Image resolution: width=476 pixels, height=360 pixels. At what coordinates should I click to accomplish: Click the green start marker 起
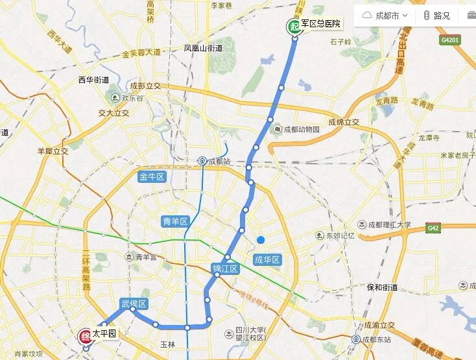pos(294,26)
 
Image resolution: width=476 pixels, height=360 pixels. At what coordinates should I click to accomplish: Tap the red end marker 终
pos(84,336)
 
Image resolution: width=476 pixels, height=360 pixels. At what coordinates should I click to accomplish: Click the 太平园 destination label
pos(103,333)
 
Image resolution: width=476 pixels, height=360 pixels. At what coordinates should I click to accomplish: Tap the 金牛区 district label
pos(153,176)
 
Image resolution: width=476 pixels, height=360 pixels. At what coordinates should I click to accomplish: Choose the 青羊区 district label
pos(174,222)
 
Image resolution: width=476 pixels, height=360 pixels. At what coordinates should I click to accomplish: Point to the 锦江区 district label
pos(226,269)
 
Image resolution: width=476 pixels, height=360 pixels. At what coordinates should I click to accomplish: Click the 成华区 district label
pos(267,260)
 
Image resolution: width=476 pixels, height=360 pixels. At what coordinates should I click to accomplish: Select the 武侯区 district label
pos(134,304)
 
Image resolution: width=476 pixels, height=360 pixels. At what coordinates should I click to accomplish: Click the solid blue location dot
pos(261,240)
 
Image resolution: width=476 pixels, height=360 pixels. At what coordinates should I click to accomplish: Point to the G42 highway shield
pos(433,228)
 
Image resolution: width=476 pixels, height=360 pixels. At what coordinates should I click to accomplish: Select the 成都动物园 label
pos(298,129)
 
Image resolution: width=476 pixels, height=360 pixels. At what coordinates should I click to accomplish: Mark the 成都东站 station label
pos(375,339)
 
